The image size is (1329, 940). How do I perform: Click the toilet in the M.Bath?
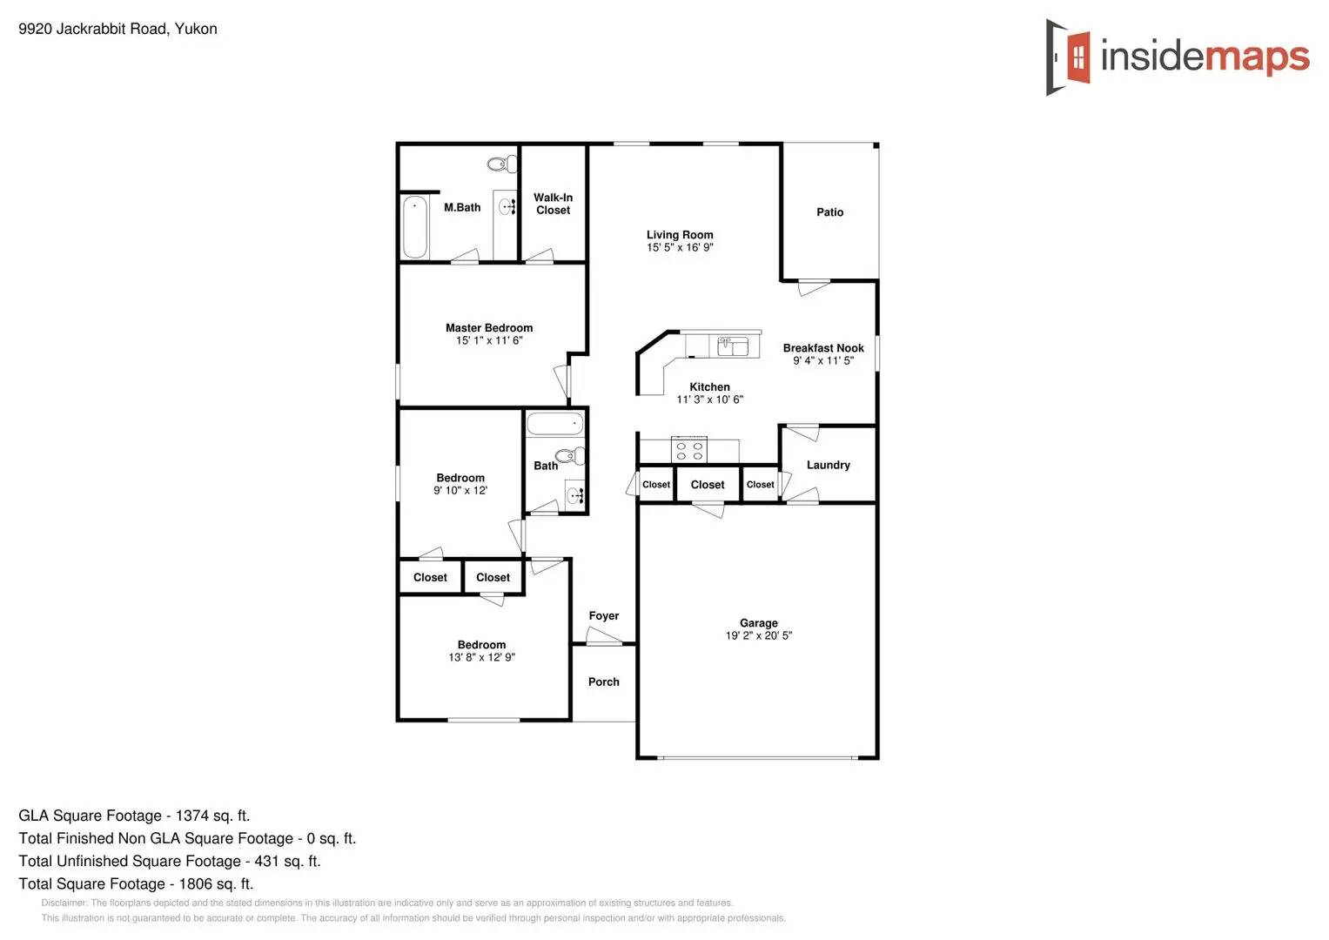[501, 164]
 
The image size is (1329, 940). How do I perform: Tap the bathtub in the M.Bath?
[414, 227]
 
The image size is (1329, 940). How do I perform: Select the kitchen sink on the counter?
[733, 346]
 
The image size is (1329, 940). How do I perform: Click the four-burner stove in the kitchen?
[689, 451]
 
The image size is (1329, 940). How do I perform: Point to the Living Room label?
[680, 235]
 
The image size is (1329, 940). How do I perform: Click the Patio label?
[829, 212]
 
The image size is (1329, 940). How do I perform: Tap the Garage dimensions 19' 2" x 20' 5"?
[759, 635]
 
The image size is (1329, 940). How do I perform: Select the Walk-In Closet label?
[553, 204]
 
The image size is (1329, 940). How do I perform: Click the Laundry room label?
[828, 465]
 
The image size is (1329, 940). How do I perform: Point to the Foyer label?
[603, 615]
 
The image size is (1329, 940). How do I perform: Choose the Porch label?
[603, 681]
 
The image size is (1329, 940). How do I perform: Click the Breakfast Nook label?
[823, 348]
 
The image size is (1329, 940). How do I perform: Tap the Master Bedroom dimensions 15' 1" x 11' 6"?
[489, 340]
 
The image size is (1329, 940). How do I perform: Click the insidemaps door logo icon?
[1069, 57]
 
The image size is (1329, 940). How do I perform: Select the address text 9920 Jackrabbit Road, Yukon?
[117, 29]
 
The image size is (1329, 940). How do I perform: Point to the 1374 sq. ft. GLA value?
[212, 816]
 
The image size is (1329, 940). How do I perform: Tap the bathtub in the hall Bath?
[554, 424]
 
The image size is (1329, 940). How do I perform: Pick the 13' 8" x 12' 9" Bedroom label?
[481, 657]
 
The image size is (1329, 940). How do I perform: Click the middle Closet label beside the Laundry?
[707, 485]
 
